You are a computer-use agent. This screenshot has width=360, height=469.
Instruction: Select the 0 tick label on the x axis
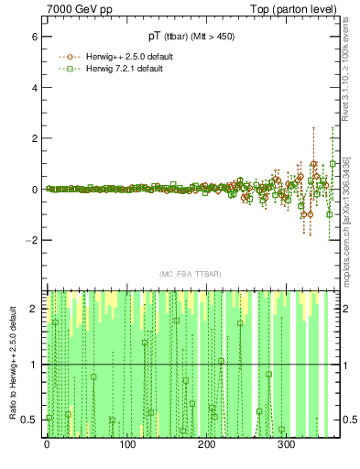point(48,446)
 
